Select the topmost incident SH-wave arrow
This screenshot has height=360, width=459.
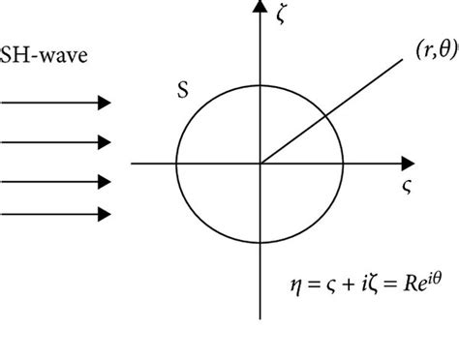point(56,102)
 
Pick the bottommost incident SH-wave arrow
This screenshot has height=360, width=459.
point(56,213)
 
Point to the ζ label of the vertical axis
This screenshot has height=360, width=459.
point(282,16)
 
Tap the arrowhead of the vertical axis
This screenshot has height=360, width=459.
point(259,9)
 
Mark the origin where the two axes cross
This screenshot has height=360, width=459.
point(259,164)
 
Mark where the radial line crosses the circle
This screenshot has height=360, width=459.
point(321,120)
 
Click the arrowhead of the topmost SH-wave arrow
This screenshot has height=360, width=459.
point(103,102)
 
